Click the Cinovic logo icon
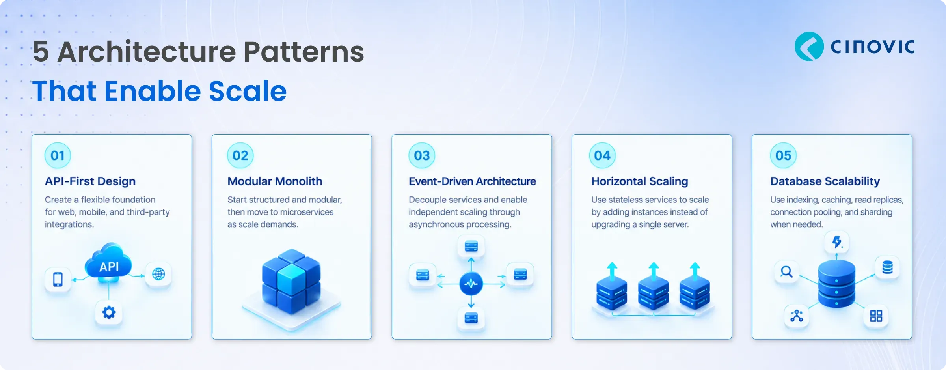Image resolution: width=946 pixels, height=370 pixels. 809,46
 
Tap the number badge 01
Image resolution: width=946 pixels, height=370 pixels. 58,155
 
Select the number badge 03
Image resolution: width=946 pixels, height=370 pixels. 422,155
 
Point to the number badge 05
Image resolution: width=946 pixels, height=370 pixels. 783,155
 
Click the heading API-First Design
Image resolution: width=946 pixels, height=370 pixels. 90,181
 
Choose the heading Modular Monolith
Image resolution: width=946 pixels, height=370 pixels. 275,181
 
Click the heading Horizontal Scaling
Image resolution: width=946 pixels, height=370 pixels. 640,181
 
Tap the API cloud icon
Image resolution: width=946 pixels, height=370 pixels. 108,263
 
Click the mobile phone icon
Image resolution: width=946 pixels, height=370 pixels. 58,279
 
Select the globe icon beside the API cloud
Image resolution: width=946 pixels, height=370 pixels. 158,274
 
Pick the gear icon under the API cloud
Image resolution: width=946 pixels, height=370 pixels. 109,313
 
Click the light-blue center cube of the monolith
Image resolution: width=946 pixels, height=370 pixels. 291,279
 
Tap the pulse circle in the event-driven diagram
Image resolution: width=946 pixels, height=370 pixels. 471,284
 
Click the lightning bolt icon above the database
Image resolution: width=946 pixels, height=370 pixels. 837,242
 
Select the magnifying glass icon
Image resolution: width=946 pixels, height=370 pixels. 787,272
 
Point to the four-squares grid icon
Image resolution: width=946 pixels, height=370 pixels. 876,316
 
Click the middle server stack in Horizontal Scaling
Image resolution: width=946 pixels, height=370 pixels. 654,292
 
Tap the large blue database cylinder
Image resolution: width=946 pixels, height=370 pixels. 837,283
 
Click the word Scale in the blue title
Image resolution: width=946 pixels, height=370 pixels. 248,91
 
